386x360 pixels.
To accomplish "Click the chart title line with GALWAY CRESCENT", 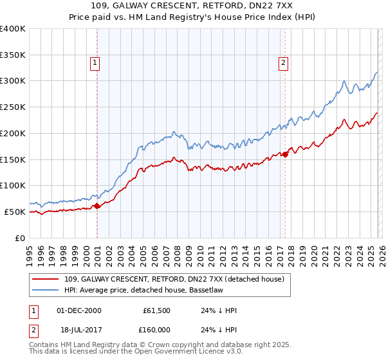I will click(x=192, y=6).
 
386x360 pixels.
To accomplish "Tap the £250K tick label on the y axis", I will click(x=13, y=107).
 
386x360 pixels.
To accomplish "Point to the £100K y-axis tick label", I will click(x=13, y=186).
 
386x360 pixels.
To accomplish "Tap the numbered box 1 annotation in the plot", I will click(x=95, y=63).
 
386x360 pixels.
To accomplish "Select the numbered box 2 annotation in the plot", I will click(x=283, y=63).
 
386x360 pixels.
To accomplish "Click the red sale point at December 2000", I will click(x=97, y=206).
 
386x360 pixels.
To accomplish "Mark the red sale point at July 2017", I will click(x=286, y=154).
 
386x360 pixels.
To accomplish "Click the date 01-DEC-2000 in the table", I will click(x=80, y=310).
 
